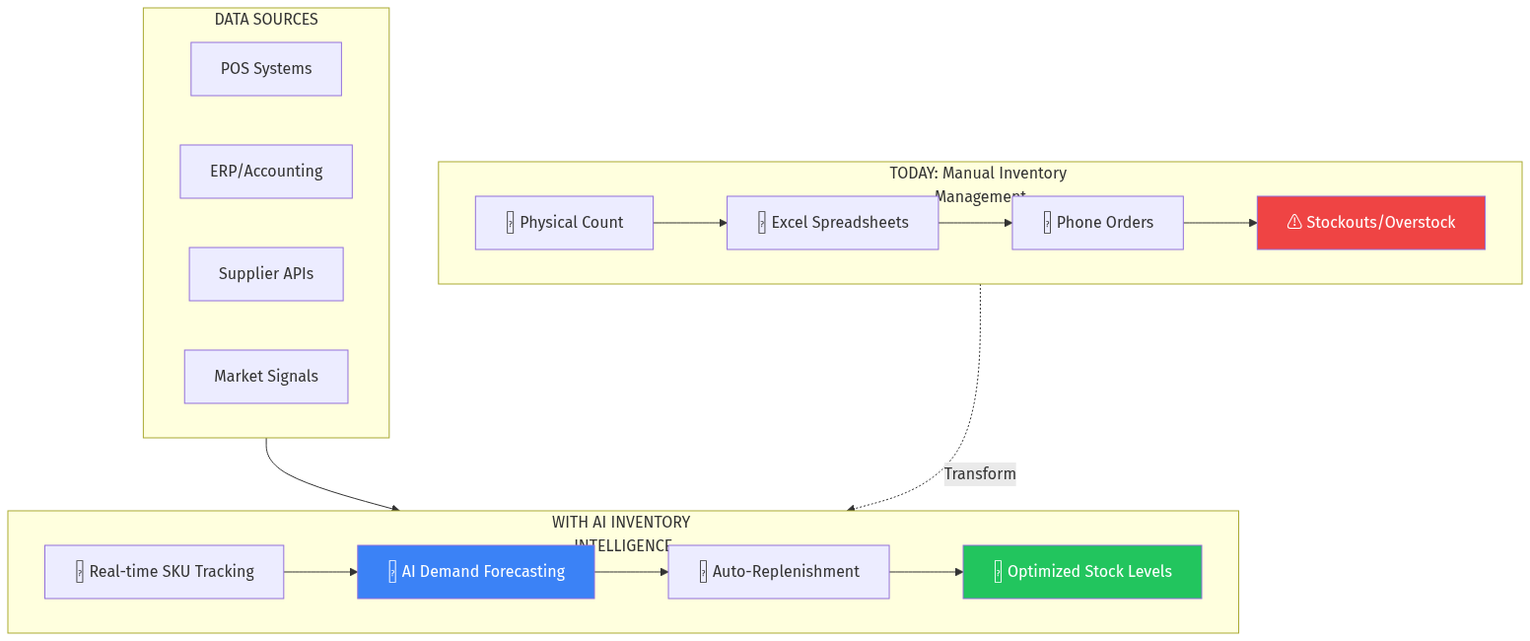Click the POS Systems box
click(x=266, y=69)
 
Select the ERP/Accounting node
click(x=266, y=172)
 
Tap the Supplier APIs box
click(x=266, y=274)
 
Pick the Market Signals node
click(x=266, y=377)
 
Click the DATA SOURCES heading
click(x=266, y=20)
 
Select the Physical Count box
click(x=564, y=223)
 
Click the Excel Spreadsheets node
click(x=832, y=223)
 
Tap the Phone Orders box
click(x=1097, y=223)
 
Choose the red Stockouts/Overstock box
click(x=1370, y=223)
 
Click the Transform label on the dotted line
click(x=979, y=474)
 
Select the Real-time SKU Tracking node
click(x=164, y=572)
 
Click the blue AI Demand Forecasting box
click(x=475, y=572)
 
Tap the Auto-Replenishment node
click(x=778, y=572)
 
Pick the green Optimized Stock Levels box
click(x=1081, y=572)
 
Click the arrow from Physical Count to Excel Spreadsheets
click(x=690, y=223)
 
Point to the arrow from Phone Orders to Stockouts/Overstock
click(x=1220, y=223)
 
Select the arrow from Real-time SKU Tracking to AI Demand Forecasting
click(x=320, y=572)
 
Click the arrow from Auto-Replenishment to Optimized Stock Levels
click(x=926, y=572)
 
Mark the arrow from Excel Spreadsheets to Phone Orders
click(x=975, y=223)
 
